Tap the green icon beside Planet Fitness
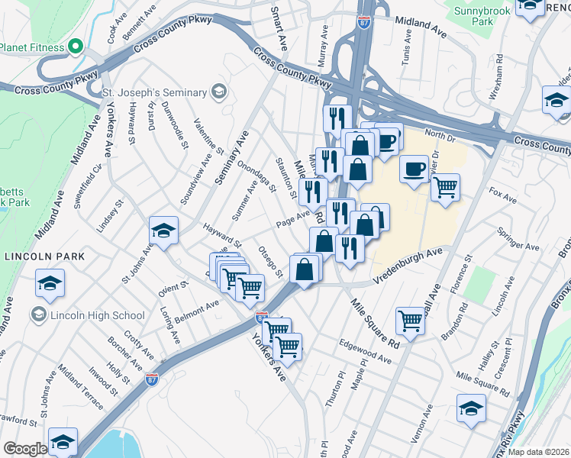(75, 47)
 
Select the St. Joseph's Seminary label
(155, 92)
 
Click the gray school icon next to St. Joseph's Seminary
(219, 92)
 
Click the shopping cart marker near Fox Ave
(446, 186)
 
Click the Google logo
(24, 449)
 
